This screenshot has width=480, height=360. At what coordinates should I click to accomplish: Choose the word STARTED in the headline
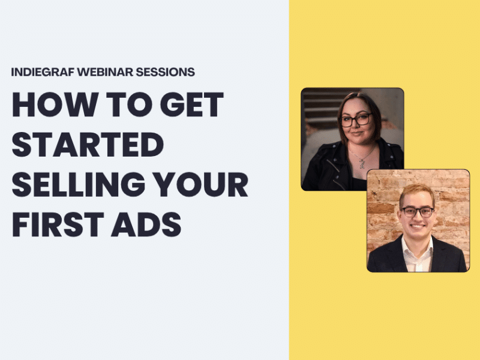(x=88, y=145)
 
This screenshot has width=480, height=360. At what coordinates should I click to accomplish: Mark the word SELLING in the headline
(x=76, y=185)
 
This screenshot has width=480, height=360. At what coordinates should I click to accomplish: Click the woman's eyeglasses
(x=355, y=120)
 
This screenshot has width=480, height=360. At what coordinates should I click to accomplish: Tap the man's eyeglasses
(x=417, y=211)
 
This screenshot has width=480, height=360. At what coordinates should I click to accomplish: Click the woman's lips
(x=357, y=135)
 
